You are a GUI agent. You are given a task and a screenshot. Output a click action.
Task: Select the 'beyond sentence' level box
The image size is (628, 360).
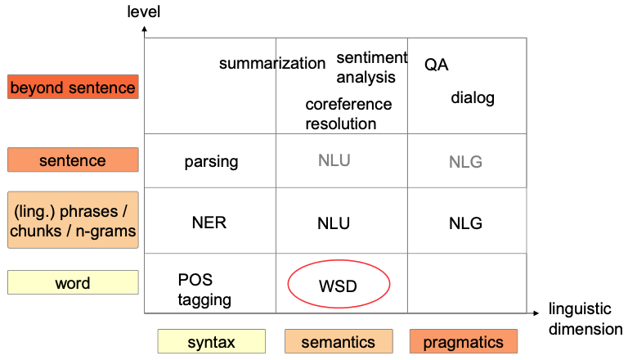pos(73,87)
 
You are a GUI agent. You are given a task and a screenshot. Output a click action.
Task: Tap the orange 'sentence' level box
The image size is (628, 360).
pos(73,160)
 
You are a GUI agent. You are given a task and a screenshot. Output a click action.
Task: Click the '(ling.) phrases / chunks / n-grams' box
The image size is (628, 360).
pos(73,220)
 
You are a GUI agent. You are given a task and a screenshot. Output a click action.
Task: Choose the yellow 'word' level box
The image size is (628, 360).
pos(73,283)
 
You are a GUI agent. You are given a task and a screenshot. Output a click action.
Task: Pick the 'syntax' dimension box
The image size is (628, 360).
pos(211,342)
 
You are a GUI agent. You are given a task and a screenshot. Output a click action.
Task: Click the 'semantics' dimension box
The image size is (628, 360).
pos(338,342)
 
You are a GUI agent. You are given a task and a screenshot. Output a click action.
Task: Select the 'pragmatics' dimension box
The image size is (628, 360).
pos(464,342)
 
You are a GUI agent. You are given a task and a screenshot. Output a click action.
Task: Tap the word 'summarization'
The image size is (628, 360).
pos(272,64)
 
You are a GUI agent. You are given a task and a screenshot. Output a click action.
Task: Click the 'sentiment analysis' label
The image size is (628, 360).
pos(370,67)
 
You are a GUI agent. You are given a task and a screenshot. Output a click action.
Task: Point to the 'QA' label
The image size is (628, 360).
pos(437,65)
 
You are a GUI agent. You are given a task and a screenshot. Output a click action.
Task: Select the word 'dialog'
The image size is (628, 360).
pos(473,98)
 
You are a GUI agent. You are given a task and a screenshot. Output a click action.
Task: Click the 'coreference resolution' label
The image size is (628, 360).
pos(348,115)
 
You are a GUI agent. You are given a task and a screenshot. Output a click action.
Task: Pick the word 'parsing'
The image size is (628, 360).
pos(211,161)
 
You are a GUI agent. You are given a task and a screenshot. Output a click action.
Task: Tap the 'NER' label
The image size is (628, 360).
pos(209,223)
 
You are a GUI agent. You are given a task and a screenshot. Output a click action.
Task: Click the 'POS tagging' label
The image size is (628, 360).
pos(204,290)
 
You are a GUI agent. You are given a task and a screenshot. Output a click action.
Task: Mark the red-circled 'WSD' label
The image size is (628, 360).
pos(338,286)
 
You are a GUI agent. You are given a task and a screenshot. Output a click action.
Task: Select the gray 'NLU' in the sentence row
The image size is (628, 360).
pos(334,160)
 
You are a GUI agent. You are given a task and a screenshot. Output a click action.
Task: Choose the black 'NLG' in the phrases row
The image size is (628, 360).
pos(465,223)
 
